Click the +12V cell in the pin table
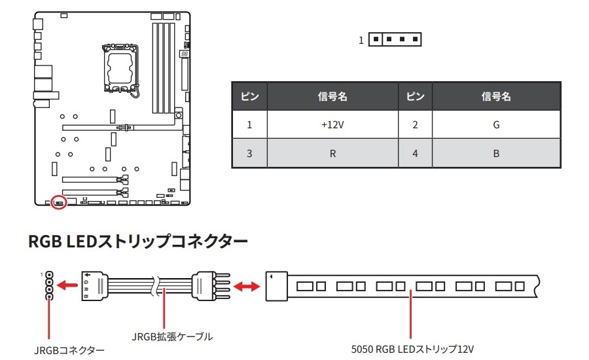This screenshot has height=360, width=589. pos(332,124)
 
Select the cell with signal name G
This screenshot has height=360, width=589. pos(496,124)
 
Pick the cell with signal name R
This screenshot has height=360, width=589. pos(332,154)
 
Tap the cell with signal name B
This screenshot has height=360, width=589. pos(496,154)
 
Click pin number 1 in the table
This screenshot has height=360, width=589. pos(249,124)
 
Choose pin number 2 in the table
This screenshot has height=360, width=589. pos(415,124)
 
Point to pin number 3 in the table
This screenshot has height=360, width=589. pos(249,154)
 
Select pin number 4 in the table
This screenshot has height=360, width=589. pos(415,154)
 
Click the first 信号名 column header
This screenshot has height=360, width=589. pos(332,97)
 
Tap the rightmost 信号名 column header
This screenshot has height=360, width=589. pos(496,97)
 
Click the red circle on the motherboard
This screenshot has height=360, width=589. pos(59,202)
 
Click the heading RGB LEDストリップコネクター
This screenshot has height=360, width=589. pos(138,242)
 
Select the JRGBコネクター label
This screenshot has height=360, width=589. pos(69,350)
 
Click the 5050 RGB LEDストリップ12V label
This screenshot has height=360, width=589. pos(412,349)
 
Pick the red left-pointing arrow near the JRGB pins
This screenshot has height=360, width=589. pos(66,285)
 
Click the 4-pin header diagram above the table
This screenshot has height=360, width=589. pos(395,40)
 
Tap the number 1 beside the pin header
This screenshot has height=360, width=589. pos(361,41)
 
